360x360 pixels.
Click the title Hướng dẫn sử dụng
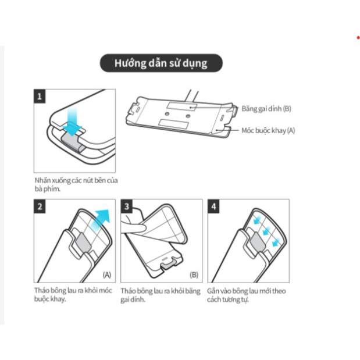pos(161,63)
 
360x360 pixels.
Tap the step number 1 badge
pos(40,96)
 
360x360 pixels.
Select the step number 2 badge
pos(40,206)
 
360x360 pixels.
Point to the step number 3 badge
pos(127,206)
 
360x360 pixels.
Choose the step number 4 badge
pos(213,206)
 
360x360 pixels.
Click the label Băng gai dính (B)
pos(266,109)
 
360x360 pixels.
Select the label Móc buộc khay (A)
pos(268,130)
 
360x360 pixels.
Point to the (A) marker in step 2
pos(107,275)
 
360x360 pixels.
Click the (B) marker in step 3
pos(194,275)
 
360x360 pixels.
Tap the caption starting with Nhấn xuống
pos(76,184)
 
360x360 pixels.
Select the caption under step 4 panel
pos(247,295)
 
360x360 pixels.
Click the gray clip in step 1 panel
pos(71,142)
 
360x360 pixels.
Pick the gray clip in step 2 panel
pos(83,242)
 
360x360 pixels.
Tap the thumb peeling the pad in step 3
pos(134,227)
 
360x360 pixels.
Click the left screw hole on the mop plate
pos(167,114)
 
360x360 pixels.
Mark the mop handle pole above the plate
pos(192,96)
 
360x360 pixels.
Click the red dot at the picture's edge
pos(358,38)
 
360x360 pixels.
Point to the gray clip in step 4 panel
pos(258,242)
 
